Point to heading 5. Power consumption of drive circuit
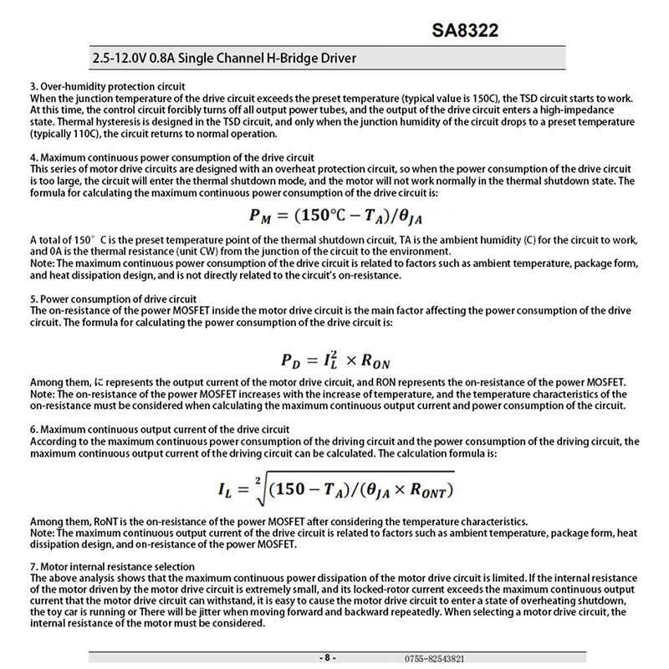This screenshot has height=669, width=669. click(x=113, y=299)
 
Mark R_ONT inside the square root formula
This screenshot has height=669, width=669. click(x=434, y=489)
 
